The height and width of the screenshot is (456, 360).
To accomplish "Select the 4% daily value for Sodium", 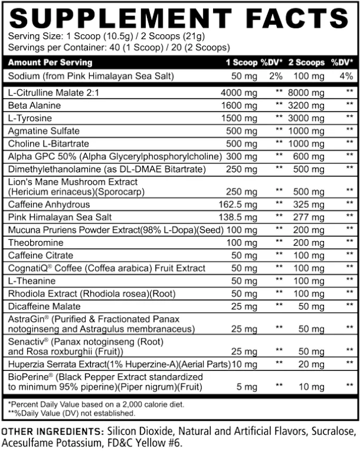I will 346,76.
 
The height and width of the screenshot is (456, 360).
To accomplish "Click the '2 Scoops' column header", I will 306,62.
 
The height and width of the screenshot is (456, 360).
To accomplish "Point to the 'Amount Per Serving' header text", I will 50,62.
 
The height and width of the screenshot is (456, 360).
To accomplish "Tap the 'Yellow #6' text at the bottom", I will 159,443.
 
